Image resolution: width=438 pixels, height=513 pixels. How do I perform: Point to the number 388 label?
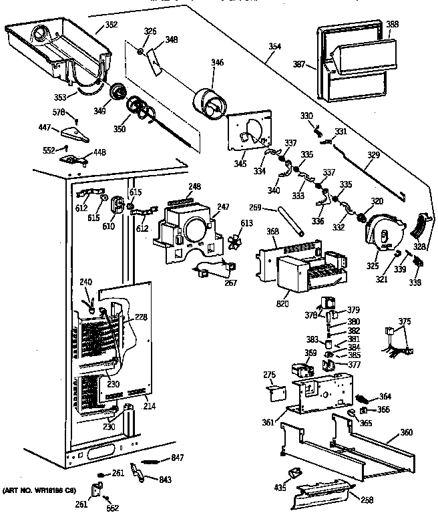tap(393, 25)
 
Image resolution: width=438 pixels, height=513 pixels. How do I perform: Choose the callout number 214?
tap(149, 405)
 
